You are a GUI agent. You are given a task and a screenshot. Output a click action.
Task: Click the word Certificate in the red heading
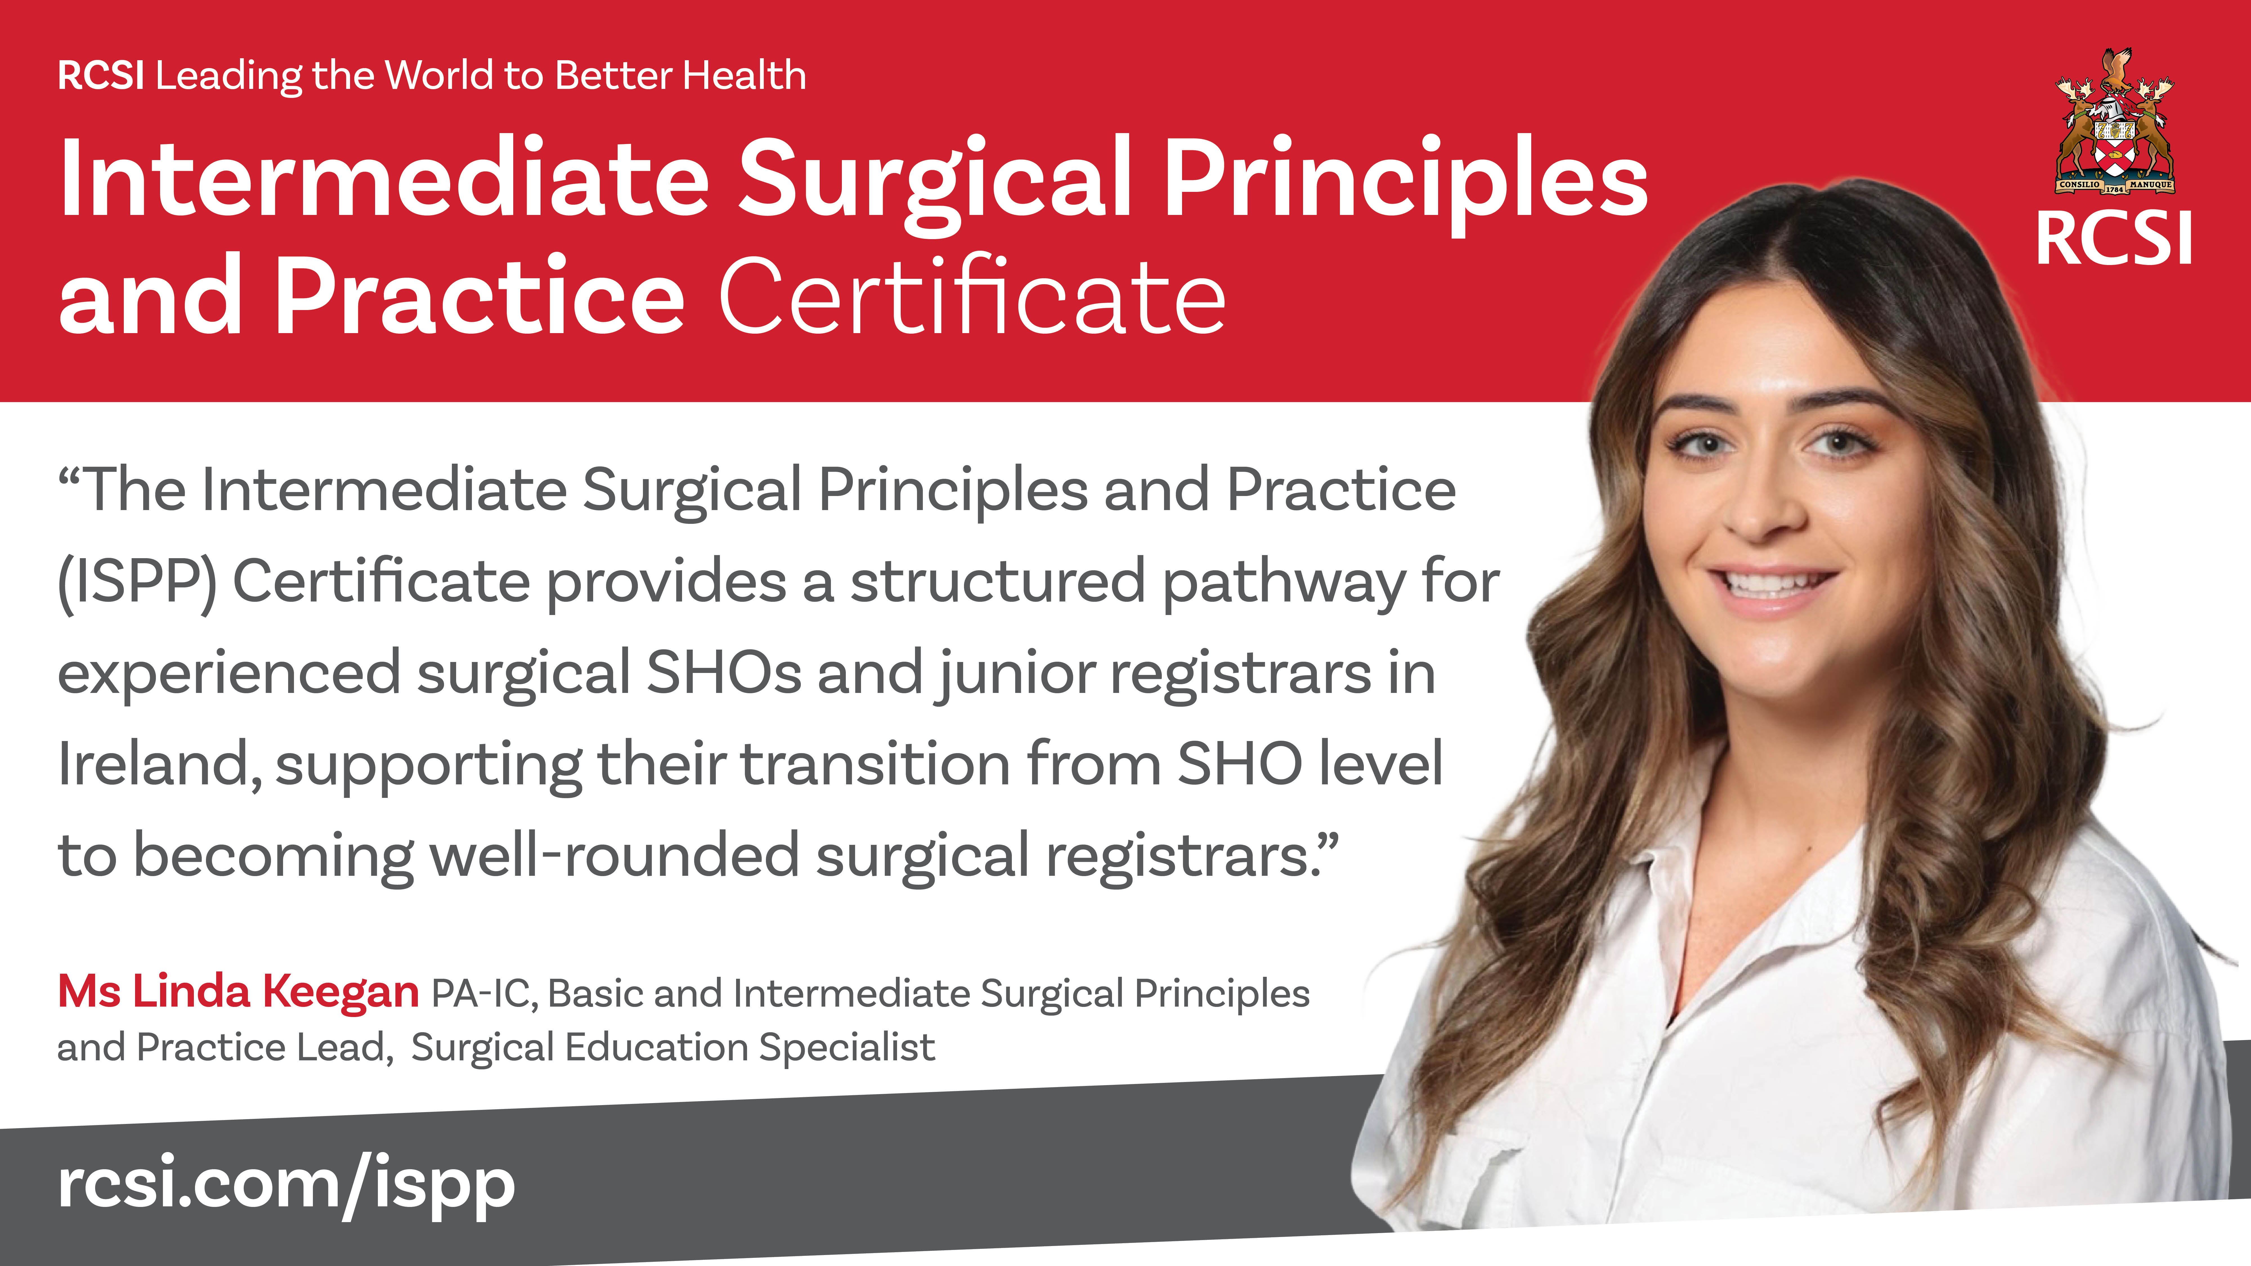click(x=972, y=297)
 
